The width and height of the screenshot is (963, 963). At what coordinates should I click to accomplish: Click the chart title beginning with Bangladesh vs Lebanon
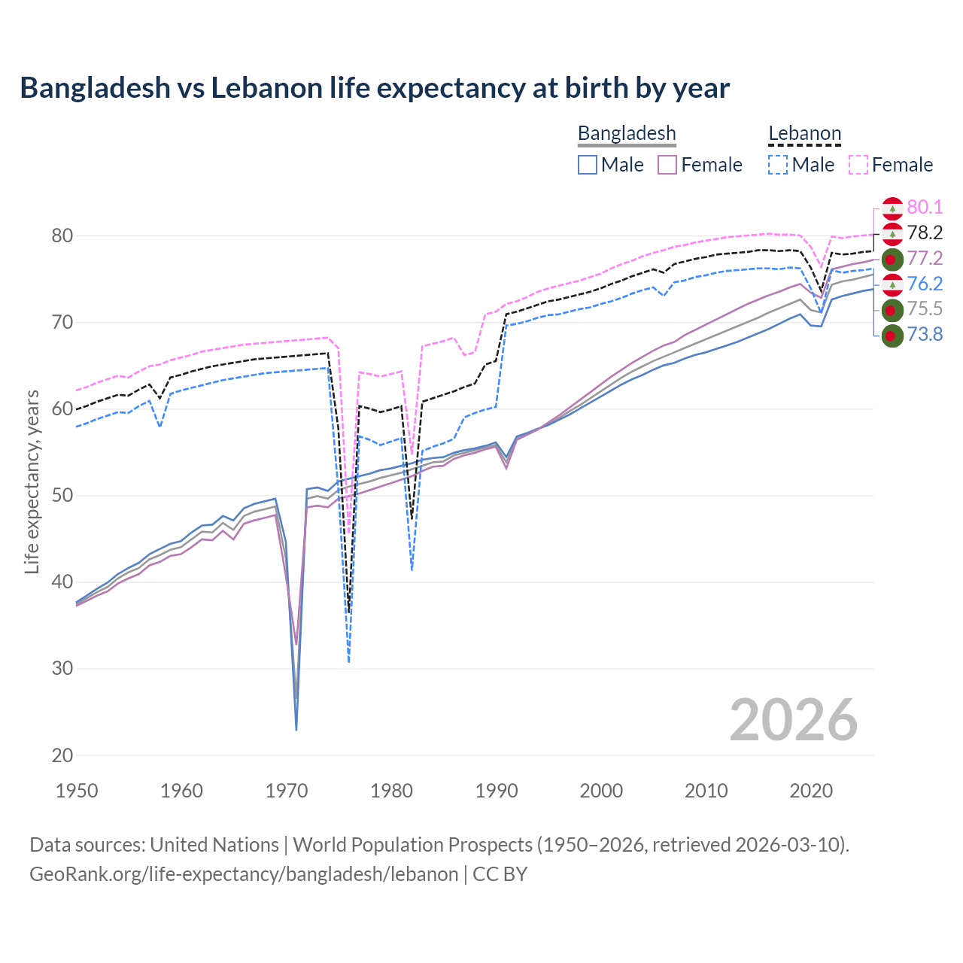[x=375, y=88]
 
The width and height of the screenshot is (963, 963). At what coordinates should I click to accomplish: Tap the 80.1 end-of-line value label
[x=925, y=208]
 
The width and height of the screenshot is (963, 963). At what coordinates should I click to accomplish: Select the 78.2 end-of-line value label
[x=925, y=233]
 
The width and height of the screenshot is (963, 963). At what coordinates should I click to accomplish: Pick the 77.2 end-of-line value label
[x=925, y=259]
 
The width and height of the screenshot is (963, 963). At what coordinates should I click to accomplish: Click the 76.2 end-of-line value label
[x=925, y=284]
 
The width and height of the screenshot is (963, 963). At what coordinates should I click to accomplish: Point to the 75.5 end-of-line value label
[x=925, y=309]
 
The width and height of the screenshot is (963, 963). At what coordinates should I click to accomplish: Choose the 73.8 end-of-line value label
[x=925, y=335]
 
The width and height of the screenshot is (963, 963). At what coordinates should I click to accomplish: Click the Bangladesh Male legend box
[x=588, y=165]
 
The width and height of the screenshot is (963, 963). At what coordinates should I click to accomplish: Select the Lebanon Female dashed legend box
[x=858, y=165]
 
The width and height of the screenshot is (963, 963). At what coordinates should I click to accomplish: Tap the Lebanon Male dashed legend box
[x=778, y=165]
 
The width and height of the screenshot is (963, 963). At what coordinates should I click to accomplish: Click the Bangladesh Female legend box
[x=667, y=165]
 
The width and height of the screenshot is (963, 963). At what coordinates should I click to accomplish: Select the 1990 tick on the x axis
[x=497, y=791]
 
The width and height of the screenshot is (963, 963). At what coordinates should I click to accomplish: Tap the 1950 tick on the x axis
[x=77, y=791]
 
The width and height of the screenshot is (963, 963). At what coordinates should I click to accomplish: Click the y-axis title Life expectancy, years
[x=32, y=481]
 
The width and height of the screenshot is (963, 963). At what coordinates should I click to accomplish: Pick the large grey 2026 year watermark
[x=793, y=720]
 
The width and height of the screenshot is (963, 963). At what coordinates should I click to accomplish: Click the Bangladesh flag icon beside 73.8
[x=892, y=336]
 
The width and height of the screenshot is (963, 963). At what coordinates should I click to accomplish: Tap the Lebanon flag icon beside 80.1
[x=892, y=208]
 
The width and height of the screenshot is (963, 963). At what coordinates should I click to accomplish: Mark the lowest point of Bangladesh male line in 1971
[x=296, y=730]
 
